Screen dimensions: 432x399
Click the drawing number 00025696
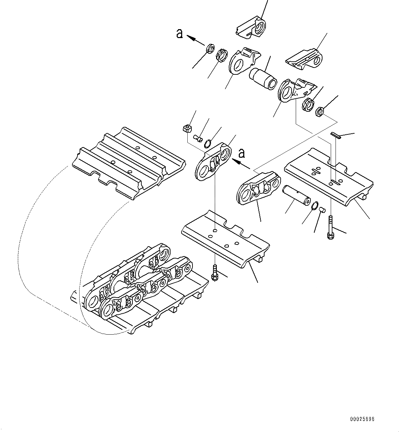(x=362, y=419)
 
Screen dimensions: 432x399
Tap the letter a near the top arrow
(x=179, y=34)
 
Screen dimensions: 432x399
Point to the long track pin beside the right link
(x=296, y=195)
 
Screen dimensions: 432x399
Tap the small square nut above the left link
(x=187, y=129)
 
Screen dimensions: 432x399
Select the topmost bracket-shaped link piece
(x=251, y=26)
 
